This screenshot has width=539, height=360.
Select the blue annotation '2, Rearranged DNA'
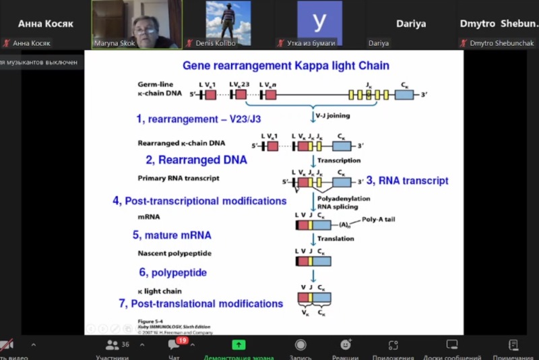coord(197,160)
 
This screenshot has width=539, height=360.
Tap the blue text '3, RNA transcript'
coord(407,181)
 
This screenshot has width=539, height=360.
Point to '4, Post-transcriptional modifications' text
coord(199,201)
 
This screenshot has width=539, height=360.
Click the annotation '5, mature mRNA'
coord(172,235)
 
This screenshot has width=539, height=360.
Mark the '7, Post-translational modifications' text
coord(201,304)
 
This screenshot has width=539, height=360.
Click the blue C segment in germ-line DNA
coord(404,95)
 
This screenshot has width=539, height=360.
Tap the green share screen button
coord(238,345)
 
